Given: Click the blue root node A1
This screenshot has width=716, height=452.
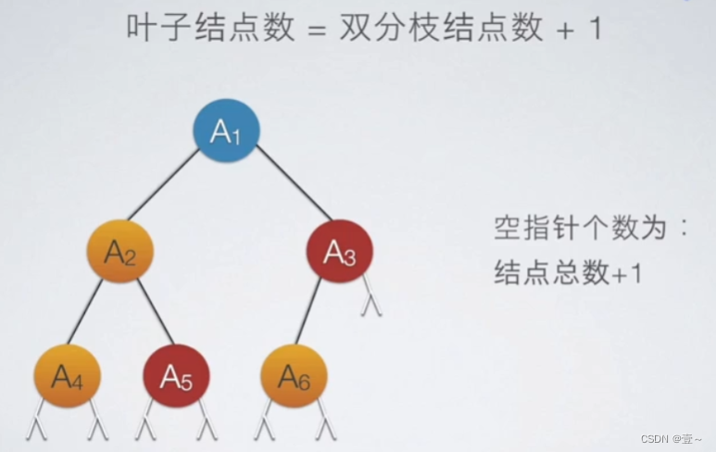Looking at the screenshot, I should (x=226, y=132).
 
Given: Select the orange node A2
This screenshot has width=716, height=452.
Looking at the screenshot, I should (x=120, y=252).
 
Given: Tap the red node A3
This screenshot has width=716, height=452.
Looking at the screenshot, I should (x=339, y=252).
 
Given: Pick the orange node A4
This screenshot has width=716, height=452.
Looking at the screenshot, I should (x=67, y=376).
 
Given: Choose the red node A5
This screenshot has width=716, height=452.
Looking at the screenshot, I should (x=176, y=376).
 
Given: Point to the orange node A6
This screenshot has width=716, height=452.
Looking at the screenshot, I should (x=294, y=376).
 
